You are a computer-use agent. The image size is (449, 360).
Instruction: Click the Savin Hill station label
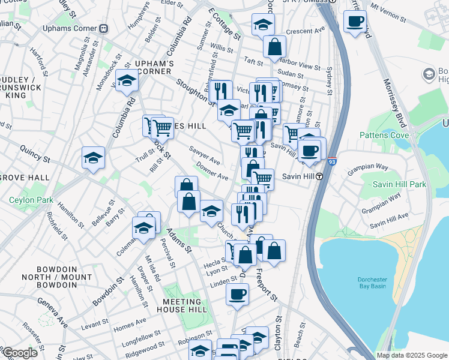tap(294, 176)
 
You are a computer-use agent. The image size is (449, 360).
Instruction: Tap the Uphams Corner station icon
tap(104, 28)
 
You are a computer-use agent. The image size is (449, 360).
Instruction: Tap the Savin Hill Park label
tap(399, 184)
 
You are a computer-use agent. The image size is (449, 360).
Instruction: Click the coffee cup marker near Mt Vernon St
tap(355, 22)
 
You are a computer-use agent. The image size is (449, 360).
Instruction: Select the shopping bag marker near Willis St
tap(274, 46)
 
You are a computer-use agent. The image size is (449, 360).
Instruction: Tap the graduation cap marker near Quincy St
tap(93, 158)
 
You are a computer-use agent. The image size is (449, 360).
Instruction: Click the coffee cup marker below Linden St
tap(237, 295)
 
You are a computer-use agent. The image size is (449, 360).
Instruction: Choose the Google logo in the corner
tap(19, 353)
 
